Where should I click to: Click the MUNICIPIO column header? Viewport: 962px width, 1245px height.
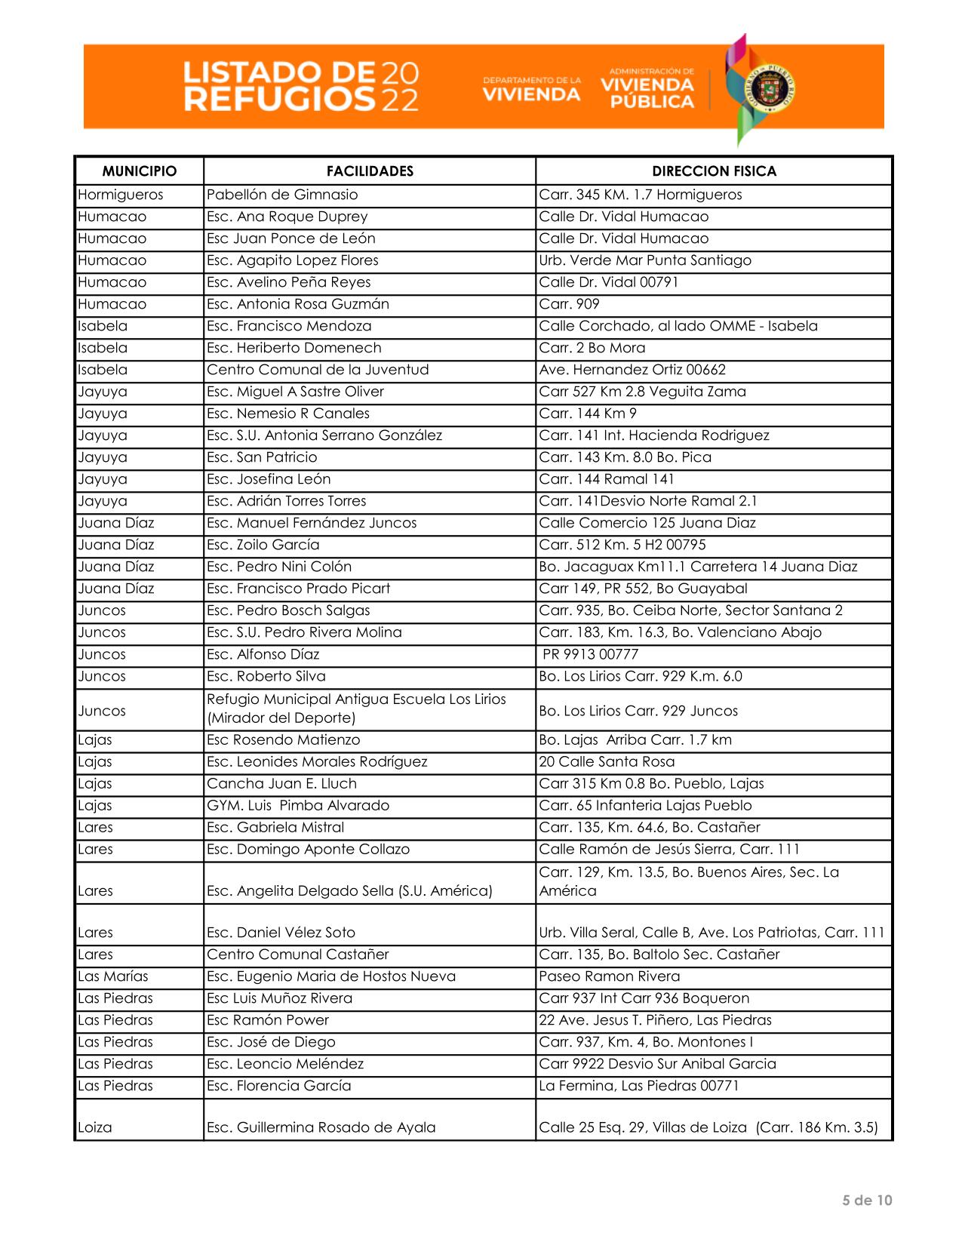139,171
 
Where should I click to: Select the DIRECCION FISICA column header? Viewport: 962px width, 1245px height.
714,171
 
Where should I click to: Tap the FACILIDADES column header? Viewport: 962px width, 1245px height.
370,171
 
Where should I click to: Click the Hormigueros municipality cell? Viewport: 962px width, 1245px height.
121,195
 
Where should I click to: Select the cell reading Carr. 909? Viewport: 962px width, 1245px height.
570,304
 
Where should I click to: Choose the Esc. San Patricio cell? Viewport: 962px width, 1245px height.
262,457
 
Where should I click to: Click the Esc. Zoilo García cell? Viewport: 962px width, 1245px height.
263,545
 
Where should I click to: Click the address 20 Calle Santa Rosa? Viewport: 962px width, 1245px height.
607,761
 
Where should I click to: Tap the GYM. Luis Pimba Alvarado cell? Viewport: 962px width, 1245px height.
298,805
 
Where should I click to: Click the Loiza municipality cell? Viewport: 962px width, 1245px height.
95,1127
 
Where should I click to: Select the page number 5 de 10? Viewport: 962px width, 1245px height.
867,1200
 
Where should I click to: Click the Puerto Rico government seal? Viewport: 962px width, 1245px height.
769,89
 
